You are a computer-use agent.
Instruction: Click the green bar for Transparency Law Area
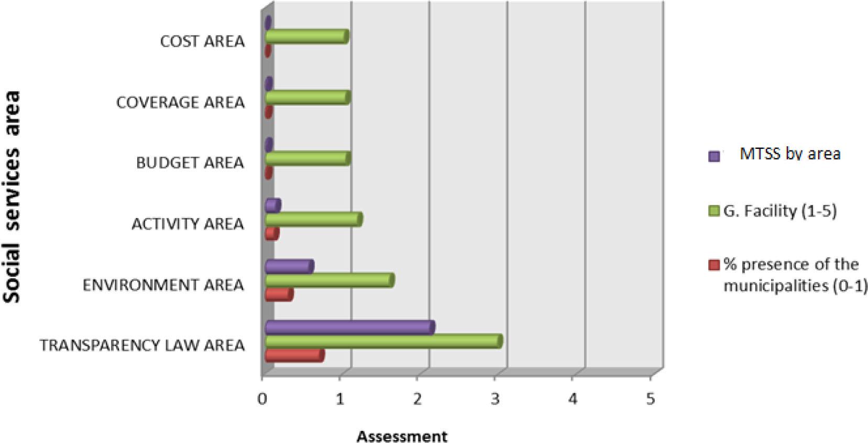(382, 342)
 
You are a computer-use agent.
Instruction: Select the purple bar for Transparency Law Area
(349, 328)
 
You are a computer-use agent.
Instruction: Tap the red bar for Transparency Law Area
(294, 356)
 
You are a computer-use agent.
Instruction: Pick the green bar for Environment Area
(329, 281)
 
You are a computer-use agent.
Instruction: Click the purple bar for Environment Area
(289, 267)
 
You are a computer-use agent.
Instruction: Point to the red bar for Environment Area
(278, 295)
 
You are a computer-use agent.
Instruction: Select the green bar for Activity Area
(313, 220)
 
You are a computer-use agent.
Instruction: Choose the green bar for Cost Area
(306, 37)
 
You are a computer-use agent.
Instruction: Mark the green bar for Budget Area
(307, 159)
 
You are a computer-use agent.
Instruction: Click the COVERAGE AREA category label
(180, 102)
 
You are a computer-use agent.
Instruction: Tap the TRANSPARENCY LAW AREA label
(142, 345)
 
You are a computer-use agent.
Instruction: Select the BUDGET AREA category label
(190, 163)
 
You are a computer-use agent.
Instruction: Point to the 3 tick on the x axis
(495, 399)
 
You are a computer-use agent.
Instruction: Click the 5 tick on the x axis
(650, 399)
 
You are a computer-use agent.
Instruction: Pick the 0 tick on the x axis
(262, 399)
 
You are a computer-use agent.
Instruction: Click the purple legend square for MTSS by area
(713, 156)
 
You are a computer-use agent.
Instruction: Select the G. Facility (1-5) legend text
(779, 211)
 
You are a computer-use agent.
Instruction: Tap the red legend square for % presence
(713, 265)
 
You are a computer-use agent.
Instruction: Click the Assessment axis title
(402, 436)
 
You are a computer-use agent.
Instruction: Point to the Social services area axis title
(12, 197)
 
